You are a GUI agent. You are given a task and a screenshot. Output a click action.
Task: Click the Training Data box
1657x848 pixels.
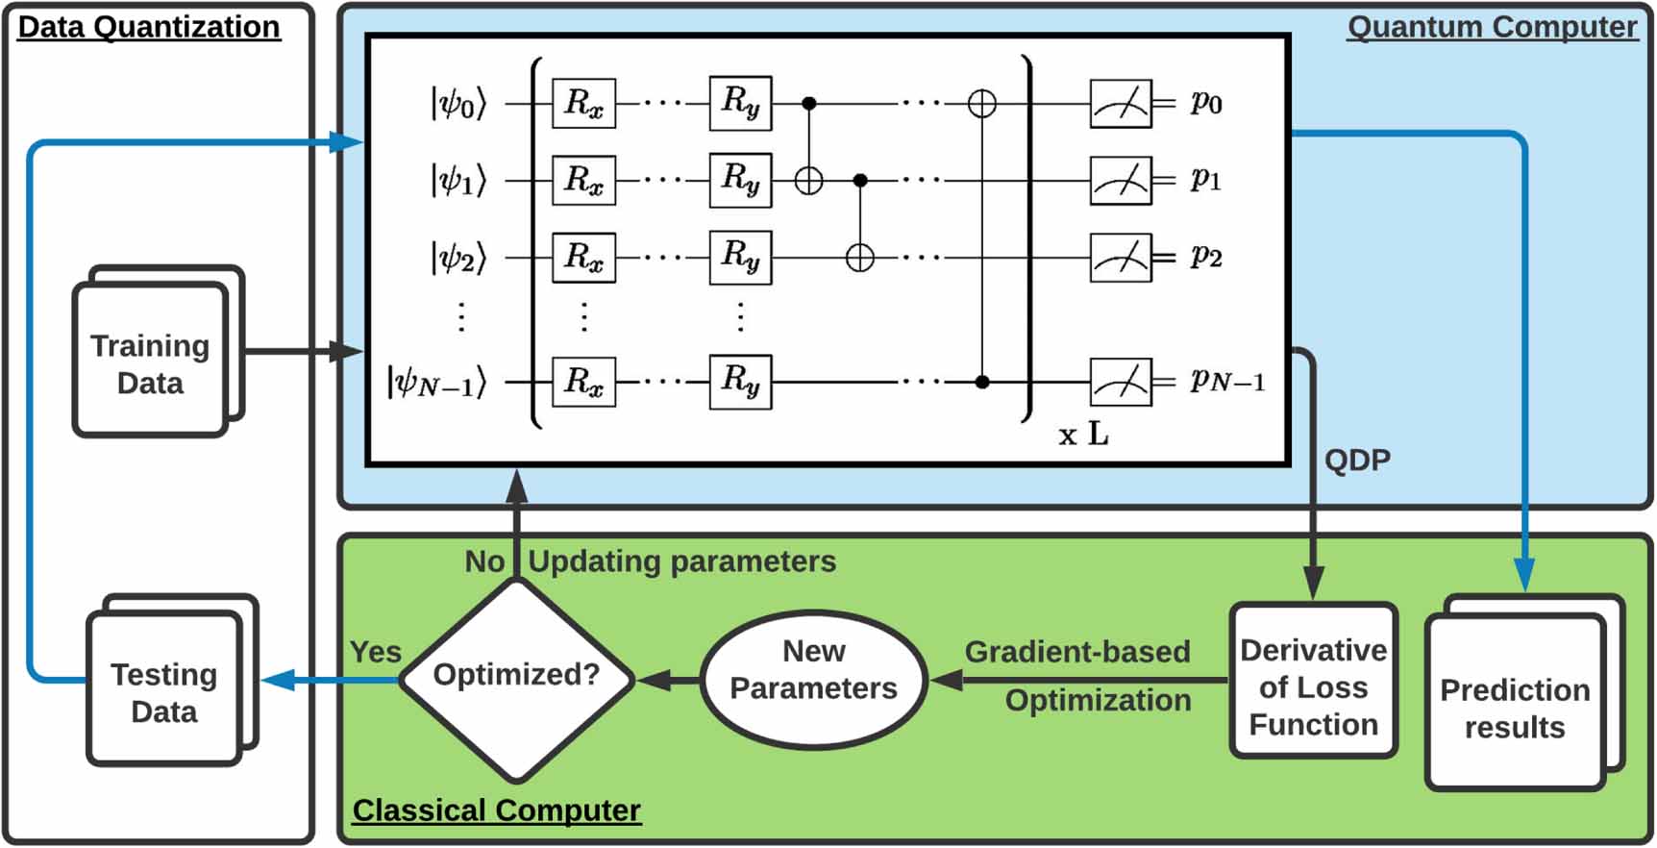click(x=150, y=363)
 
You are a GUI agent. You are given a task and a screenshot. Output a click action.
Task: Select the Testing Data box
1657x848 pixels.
click(x=163, y=692)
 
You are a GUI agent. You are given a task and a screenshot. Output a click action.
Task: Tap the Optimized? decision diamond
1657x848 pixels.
click(x=516, y=676)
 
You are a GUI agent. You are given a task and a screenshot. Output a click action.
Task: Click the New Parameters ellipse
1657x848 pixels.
click(x=813, y=679)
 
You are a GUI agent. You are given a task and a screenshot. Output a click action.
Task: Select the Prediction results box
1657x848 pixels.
click(x=1515, y=708)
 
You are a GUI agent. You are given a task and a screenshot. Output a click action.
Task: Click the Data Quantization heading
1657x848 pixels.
click(x=149, y=27)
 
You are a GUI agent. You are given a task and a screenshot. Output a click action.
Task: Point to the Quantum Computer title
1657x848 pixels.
click(x=1492, y=27)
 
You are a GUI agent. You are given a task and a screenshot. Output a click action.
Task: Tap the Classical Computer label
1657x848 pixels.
click(x=496, y=811)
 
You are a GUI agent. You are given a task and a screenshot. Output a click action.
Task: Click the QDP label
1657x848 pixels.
click(x=1357, y=460)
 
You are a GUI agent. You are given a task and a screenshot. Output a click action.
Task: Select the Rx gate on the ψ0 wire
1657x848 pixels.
click(x=583, y=103)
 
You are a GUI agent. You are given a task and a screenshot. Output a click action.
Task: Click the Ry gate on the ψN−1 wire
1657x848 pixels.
click(x=740, y=382)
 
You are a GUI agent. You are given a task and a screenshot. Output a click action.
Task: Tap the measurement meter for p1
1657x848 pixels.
click(x=1121, y=180)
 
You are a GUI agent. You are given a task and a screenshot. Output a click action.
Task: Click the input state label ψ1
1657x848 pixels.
click(x=458, y=180)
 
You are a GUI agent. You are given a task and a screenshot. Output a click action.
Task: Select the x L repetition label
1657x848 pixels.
click(x=1083, y=435)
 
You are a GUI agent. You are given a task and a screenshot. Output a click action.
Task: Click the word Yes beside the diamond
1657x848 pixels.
click(x=375, y=652)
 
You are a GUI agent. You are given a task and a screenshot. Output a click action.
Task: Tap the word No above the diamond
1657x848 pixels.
click(x=484, y=561)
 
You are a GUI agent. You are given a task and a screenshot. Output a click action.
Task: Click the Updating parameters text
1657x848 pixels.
click(x=682, y=561)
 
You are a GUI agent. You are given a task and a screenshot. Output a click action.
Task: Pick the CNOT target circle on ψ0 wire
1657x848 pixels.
click(x=981, y=103)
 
